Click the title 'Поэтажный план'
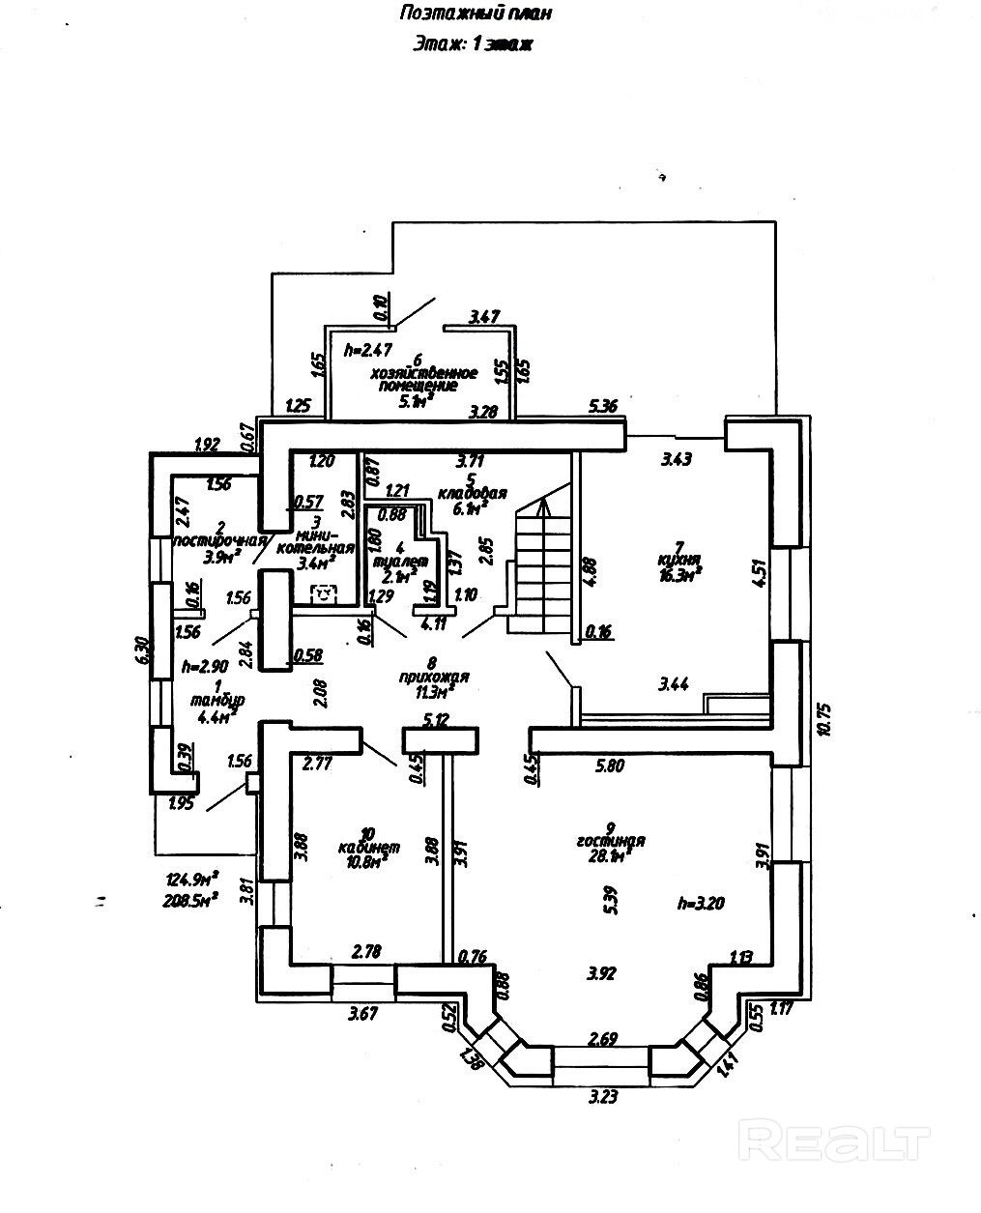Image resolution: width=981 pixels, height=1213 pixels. click(x=475, y=14)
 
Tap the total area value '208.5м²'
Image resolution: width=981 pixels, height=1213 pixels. click(x=191, y=897)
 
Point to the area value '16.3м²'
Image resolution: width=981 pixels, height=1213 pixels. click(x=681, y=573)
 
